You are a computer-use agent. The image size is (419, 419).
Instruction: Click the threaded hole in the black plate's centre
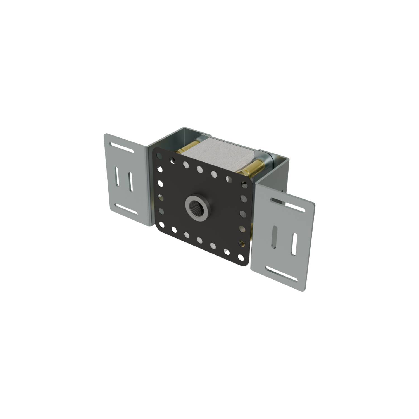pyautogui.click(x=197, y=207)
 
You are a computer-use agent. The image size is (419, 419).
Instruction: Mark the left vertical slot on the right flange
pyautogui.click(x=275, y=237)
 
